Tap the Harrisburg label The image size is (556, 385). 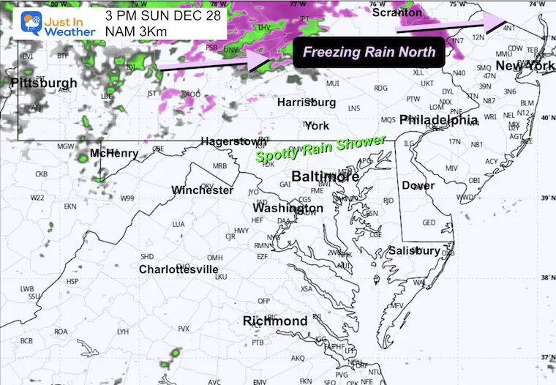point(306,102)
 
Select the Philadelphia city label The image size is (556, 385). point(439,119)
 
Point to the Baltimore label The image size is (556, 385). point(326,176)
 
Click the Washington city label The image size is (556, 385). point(288,209)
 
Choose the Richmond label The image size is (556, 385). point(275,321)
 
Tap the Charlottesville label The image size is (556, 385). point(179,269)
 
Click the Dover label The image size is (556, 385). point(418,186)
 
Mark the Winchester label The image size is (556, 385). point(203,190)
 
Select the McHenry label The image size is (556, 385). point(113,154)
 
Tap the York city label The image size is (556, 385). point(317,125)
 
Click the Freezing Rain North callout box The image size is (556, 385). point(369,52)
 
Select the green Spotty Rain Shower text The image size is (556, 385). point(320,149)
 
